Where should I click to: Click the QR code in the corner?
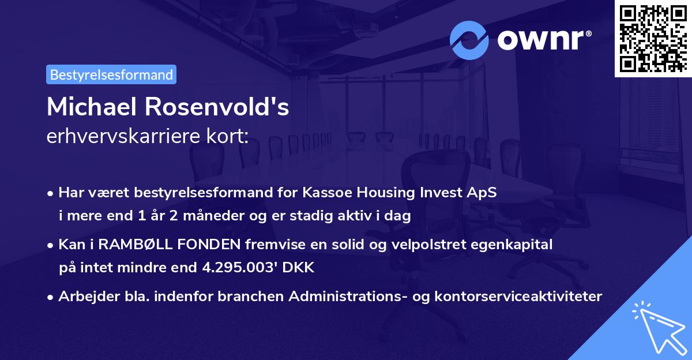coord(653,38)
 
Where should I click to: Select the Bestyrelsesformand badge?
coord(111,74)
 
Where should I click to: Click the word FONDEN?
coord(208,245)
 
